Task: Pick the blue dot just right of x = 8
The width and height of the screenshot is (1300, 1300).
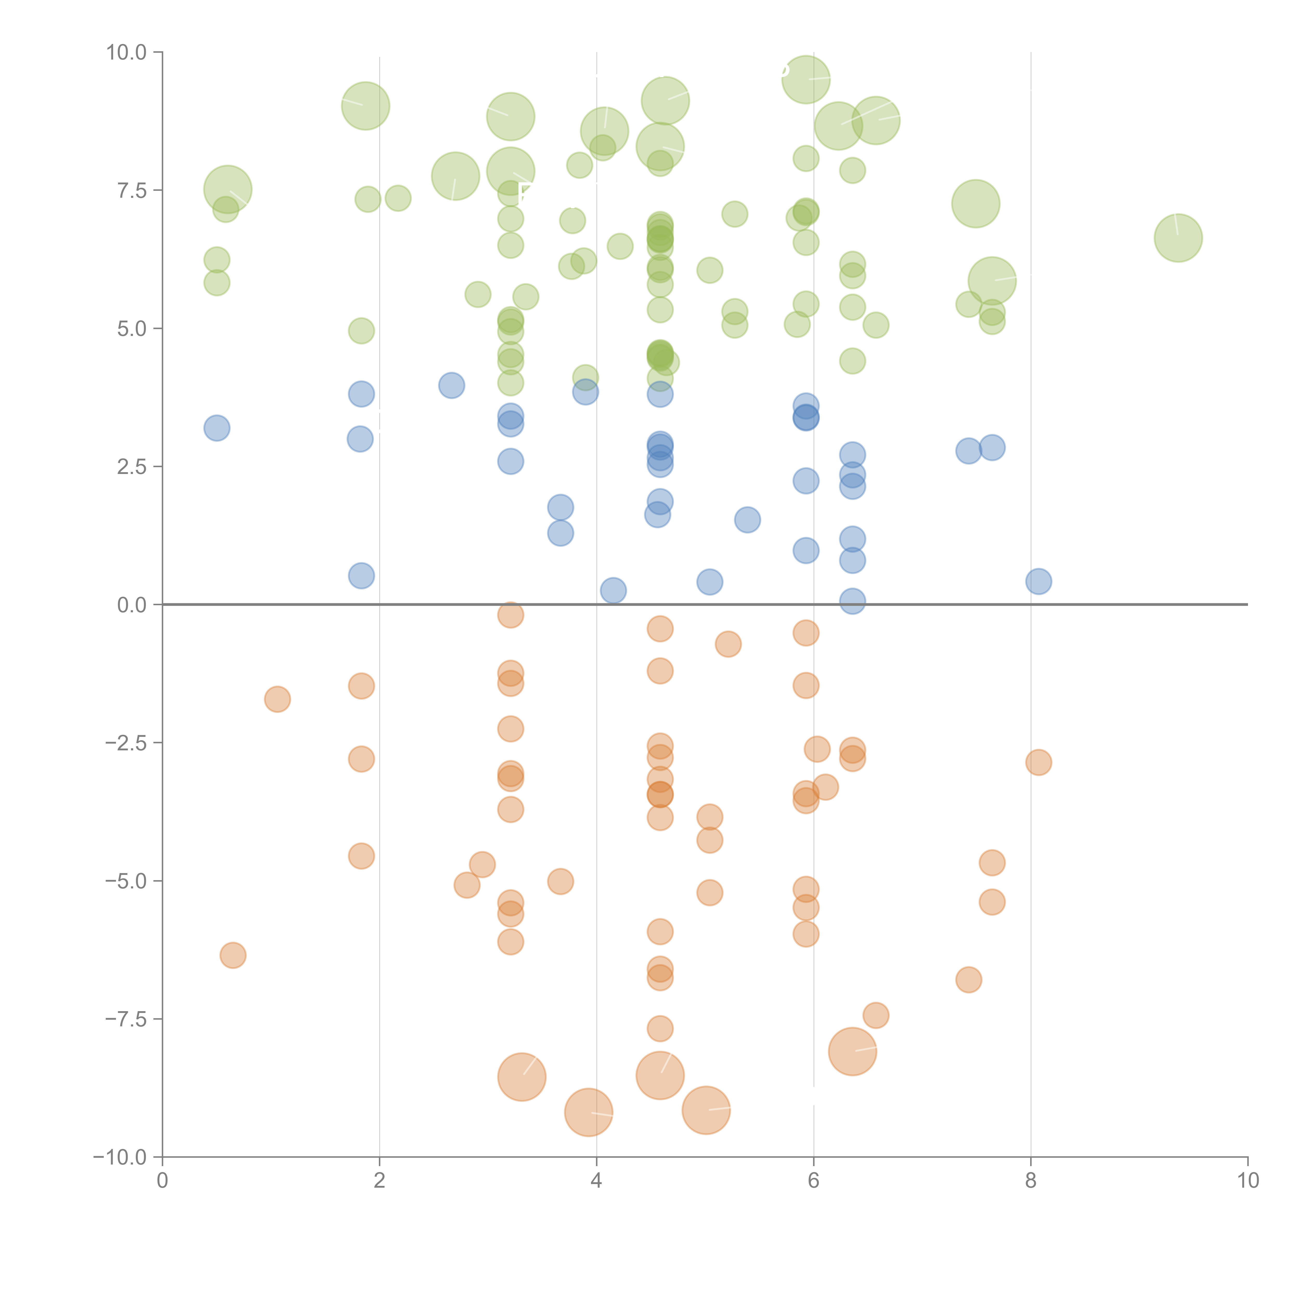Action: pyautogui.click(x=1038, y=581)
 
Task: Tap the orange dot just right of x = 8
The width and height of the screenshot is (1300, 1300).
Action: pyautogui.click(x=1038, y=762)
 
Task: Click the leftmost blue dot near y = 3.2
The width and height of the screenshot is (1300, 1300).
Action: pyautogui.click(x=217, y=428)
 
